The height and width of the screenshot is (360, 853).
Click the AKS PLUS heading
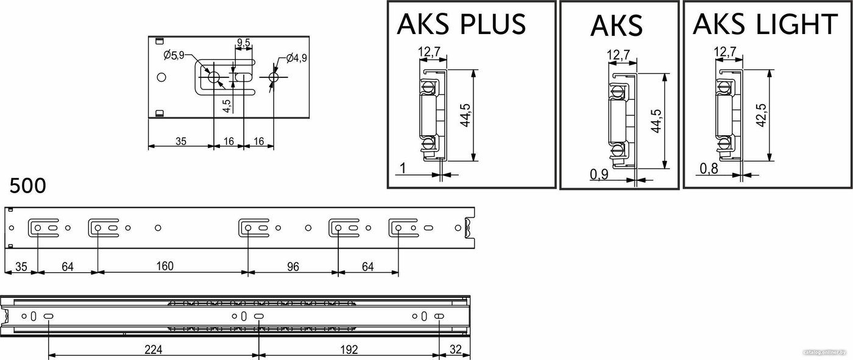[x=461, y=24]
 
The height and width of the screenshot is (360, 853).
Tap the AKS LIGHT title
[x=765, y=24]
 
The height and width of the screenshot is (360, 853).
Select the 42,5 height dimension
[x=761, y=115]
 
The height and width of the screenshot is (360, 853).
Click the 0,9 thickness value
[x=599, y=174]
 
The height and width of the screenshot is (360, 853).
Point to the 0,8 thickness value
[x=709, y=168]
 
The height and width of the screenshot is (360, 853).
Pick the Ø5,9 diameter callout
[x=174, y=55]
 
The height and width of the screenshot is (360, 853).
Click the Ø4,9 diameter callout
[x=296, y=58]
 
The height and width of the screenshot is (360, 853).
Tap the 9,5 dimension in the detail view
[x=244, y=43]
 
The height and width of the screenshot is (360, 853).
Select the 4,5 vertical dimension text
[x=227, y=106]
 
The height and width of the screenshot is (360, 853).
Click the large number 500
[x=27, y=186]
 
